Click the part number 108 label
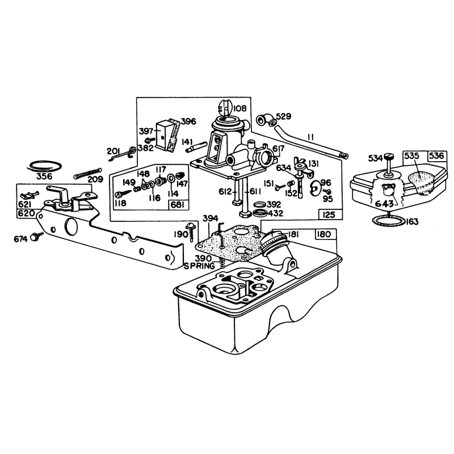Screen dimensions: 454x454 coord(239,108)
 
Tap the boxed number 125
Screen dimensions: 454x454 coord(329,215)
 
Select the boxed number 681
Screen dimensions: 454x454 coord(177,205)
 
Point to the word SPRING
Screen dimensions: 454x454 coord(200,266)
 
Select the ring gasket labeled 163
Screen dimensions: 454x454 coord(389,221)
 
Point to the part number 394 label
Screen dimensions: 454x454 coord(211,218)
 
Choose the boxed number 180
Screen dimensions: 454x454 coord(324,234)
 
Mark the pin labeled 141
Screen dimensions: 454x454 coord(197,147)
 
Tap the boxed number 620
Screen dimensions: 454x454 coord(26,213)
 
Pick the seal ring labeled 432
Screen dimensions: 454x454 coord(260,213)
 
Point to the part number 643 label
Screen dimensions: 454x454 coord(385,204)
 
